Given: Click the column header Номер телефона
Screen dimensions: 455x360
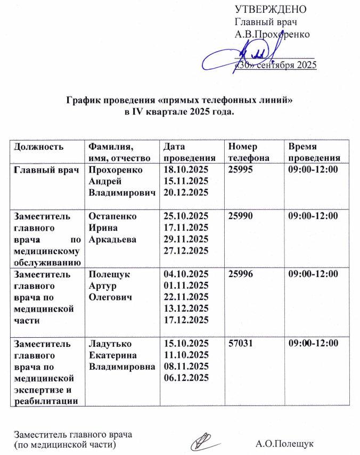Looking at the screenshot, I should [243, 152].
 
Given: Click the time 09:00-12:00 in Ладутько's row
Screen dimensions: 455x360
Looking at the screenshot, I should [313, 344].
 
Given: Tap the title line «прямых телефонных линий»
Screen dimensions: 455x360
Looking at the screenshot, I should [180, 100].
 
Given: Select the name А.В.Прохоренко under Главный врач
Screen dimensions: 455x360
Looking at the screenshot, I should [273, 34].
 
